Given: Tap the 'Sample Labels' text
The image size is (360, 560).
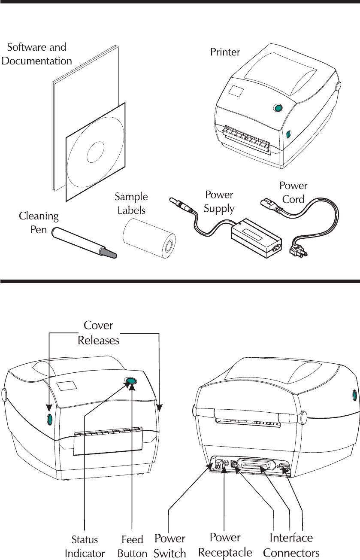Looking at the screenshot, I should tap(131, 203).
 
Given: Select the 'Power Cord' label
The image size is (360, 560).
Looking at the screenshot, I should tap(293, 192).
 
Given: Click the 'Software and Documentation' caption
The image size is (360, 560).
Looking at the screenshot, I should tap(37, 53).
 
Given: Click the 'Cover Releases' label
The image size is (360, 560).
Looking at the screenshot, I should tap(98, 332).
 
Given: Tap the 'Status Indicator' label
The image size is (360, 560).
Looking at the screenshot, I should tap(85, 545).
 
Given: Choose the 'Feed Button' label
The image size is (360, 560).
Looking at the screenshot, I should tap(132, 545).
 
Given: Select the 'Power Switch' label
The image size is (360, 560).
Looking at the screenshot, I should tap(170, 545).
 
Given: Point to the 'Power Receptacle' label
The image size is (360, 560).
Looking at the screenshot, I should tap(225, 545).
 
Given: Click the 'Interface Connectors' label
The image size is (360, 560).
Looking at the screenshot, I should tap(291, 545).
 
